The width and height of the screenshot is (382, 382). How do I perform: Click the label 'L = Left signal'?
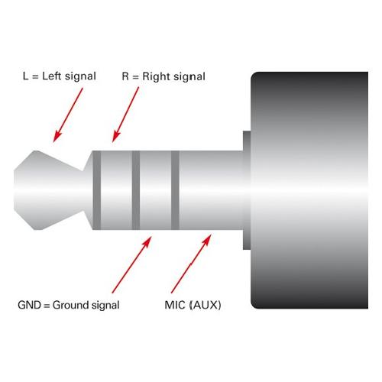tap(60, 76)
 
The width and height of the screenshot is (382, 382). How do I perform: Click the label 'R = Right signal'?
tap(163, 76)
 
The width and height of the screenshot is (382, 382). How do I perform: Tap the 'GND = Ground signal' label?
tap(69, 305)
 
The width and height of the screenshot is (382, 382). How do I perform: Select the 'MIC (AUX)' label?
tap(193, 305)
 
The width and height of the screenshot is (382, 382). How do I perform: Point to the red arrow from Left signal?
tap(68, 115)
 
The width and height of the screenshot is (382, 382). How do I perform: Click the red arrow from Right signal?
tap(125, 115)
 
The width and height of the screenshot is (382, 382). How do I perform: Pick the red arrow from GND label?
tap(132, 265)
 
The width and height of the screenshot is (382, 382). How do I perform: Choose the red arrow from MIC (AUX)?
tap(191, 264)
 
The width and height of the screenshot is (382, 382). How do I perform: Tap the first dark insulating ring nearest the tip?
tap(97, 190)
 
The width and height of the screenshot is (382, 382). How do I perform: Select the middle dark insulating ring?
tap(136, 190)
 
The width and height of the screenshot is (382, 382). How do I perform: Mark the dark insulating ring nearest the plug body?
tap(175, 190)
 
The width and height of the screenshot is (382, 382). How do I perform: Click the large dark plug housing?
tap(309, 190)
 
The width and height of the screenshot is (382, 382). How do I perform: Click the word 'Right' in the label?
tap(156, 76)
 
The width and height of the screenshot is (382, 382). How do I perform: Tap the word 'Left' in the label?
tap(52, 76)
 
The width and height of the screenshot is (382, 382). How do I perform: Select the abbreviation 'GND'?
tap(29, 305)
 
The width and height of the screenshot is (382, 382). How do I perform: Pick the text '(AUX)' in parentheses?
tap(206, 305)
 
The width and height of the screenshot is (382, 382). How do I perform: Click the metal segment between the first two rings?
tap(116, 190)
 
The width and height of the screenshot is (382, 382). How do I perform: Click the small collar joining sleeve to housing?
tap(247, 190)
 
